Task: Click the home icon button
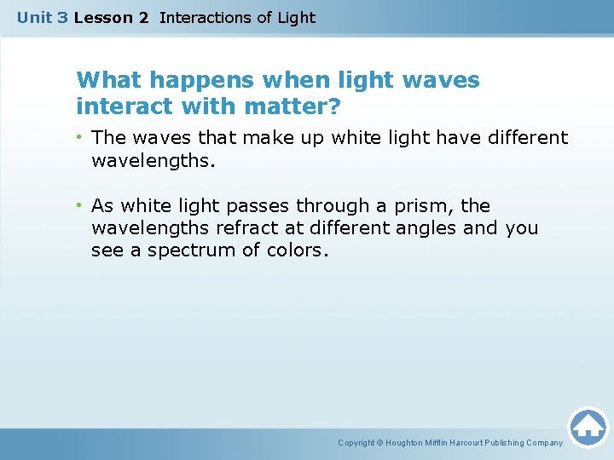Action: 588,427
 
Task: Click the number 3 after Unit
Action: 62,17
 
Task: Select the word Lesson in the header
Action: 100,17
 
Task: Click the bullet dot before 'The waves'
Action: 81,138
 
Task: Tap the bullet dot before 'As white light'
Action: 81,206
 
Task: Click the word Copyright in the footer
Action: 357,443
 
